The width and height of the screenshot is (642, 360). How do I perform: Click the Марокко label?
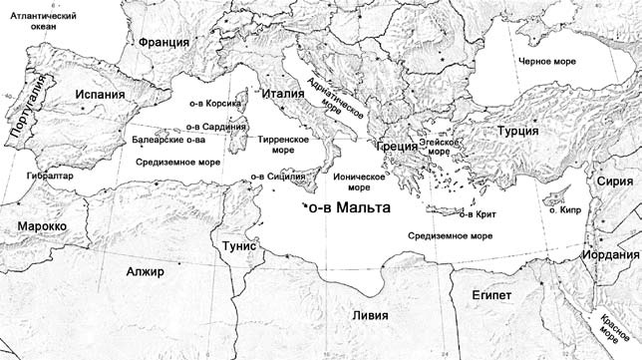pos(42,226)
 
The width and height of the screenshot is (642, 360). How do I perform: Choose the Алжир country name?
pos(145,271)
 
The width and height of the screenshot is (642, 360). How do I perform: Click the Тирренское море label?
pos(284,147)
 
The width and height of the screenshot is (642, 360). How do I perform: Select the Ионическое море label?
pos(350,181)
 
